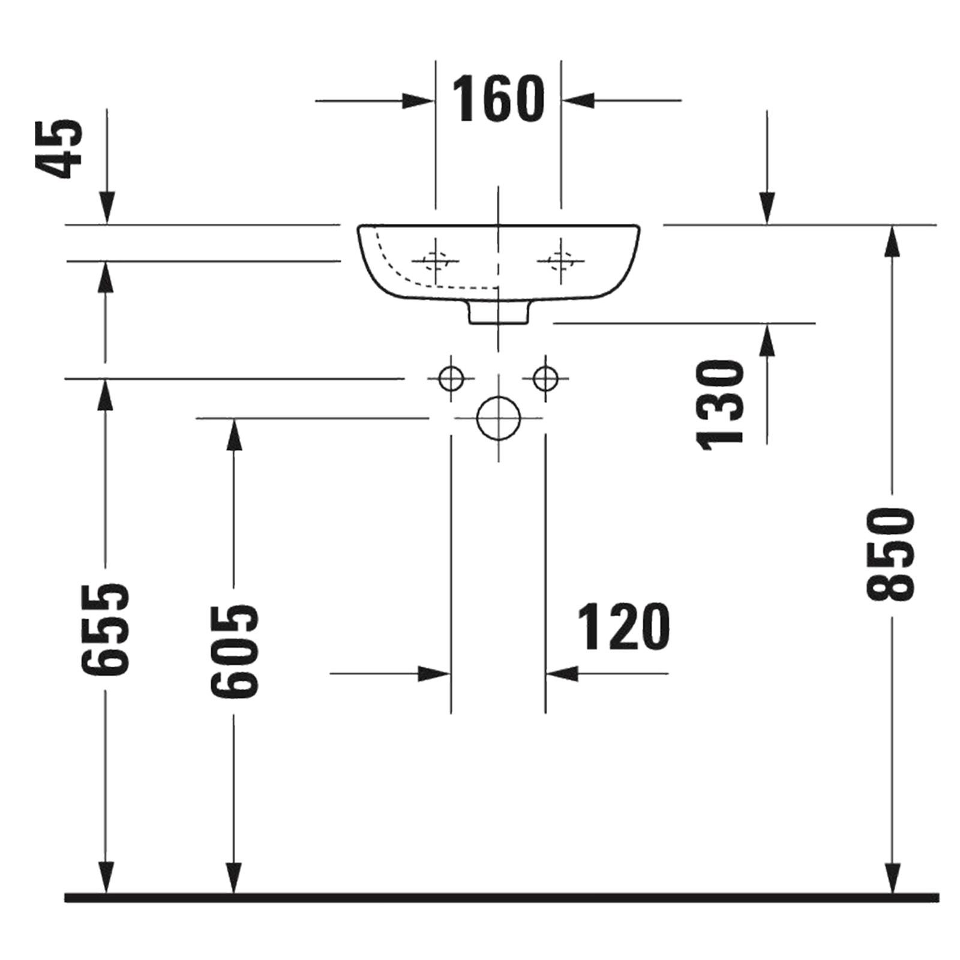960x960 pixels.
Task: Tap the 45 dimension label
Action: click(61, 148)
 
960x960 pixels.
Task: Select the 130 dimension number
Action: click(720, 404)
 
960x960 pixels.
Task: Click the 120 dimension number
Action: click(623, 627)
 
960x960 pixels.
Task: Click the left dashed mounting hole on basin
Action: click(436, 260)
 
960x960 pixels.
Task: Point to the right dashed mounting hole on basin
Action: click(560, 260)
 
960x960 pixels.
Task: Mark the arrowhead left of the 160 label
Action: click(418, 101)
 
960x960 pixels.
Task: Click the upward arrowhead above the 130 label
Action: click(767, 340)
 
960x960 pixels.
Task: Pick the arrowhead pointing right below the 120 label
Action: click(434, 673)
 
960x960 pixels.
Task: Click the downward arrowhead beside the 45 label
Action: click(107, 208)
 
